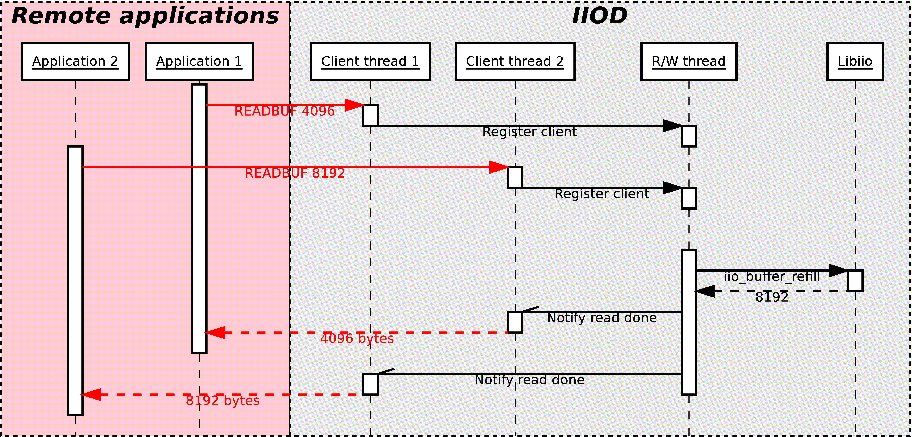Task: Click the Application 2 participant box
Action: (x=75, y=62)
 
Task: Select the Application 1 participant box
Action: (x=199, y=62)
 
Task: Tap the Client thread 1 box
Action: (x=370, y=62)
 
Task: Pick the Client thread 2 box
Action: (x=515, y=62)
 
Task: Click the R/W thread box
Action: (x=689, y=62)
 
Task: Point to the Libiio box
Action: (x=855, y=62)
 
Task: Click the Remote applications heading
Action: (x=145, y=16)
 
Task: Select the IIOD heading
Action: (x=599, y=16)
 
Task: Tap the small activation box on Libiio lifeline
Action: (x=855, y=281)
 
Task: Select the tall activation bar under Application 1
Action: (x=199, y=219)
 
